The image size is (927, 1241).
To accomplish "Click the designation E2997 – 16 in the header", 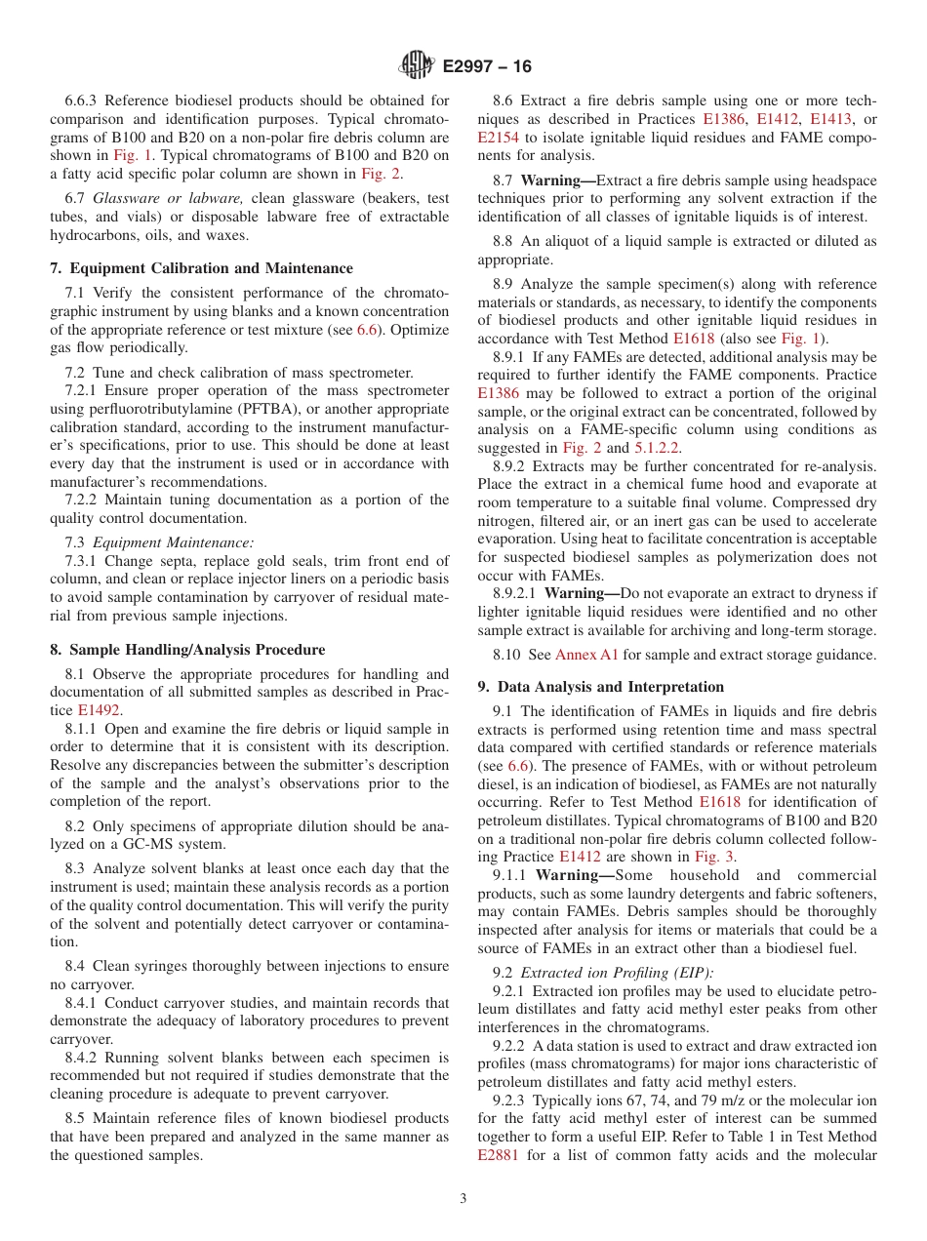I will (x=487, y=67).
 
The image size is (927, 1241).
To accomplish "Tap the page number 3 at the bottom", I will (x=463, y=1199).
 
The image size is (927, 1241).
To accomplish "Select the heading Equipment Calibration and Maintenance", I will (x=201, y=268).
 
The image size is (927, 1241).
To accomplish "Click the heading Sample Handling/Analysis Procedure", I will (x=187, y=650).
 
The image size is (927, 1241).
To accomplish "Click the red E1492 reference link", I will (x=100, y=710).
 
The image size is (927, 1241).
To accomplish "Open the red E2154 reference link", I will (x=499, y=138).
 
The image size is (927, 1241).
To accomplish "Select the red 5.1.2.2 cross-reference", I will (x=657, y=448).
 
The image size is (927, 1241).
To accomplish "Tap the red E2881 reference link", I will (x=499, y=1155).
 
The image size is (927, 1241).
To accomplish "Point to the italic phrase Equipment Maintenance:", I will (x=173, y=541).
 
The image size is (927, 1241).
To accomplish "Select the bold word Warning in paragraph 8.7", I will (x=554, y=180).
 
